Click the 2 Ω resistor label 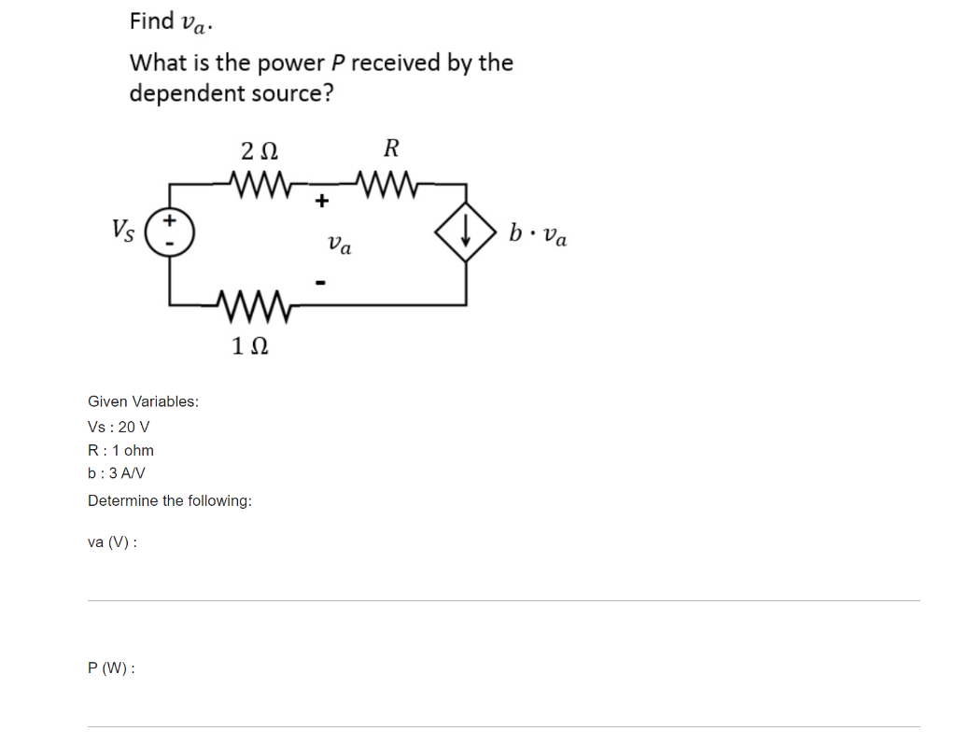pyautogui.click(x=259, y=149)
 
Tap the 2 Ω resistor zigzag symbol pyautogui.click(x=257, y=178)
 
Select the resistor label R pyautogui.click(x=391, y=148)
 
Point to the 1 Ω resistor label pyautogui.click(x=250, y=346)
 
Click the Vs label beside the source pyautogui.click(x=122, y=229)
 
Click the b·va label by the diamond pyautogui.click(x=538, y=233)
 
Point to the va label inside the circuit pyautogui.click(x=340, y=245)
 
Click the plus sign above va pyautogui.click(x=322, y=200)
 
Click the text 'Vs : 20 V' pyautogui.click(x=119, y=427)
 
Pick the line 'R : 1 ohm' pyautogui.click(x=120, y=450)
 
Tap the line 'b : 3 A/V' pyautogui.click(x=116, y=472)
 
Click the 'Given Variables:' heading pyautogui.click(x=143, y=401)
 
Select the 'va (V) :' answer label pyautogui.click(x=112, y=541)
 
